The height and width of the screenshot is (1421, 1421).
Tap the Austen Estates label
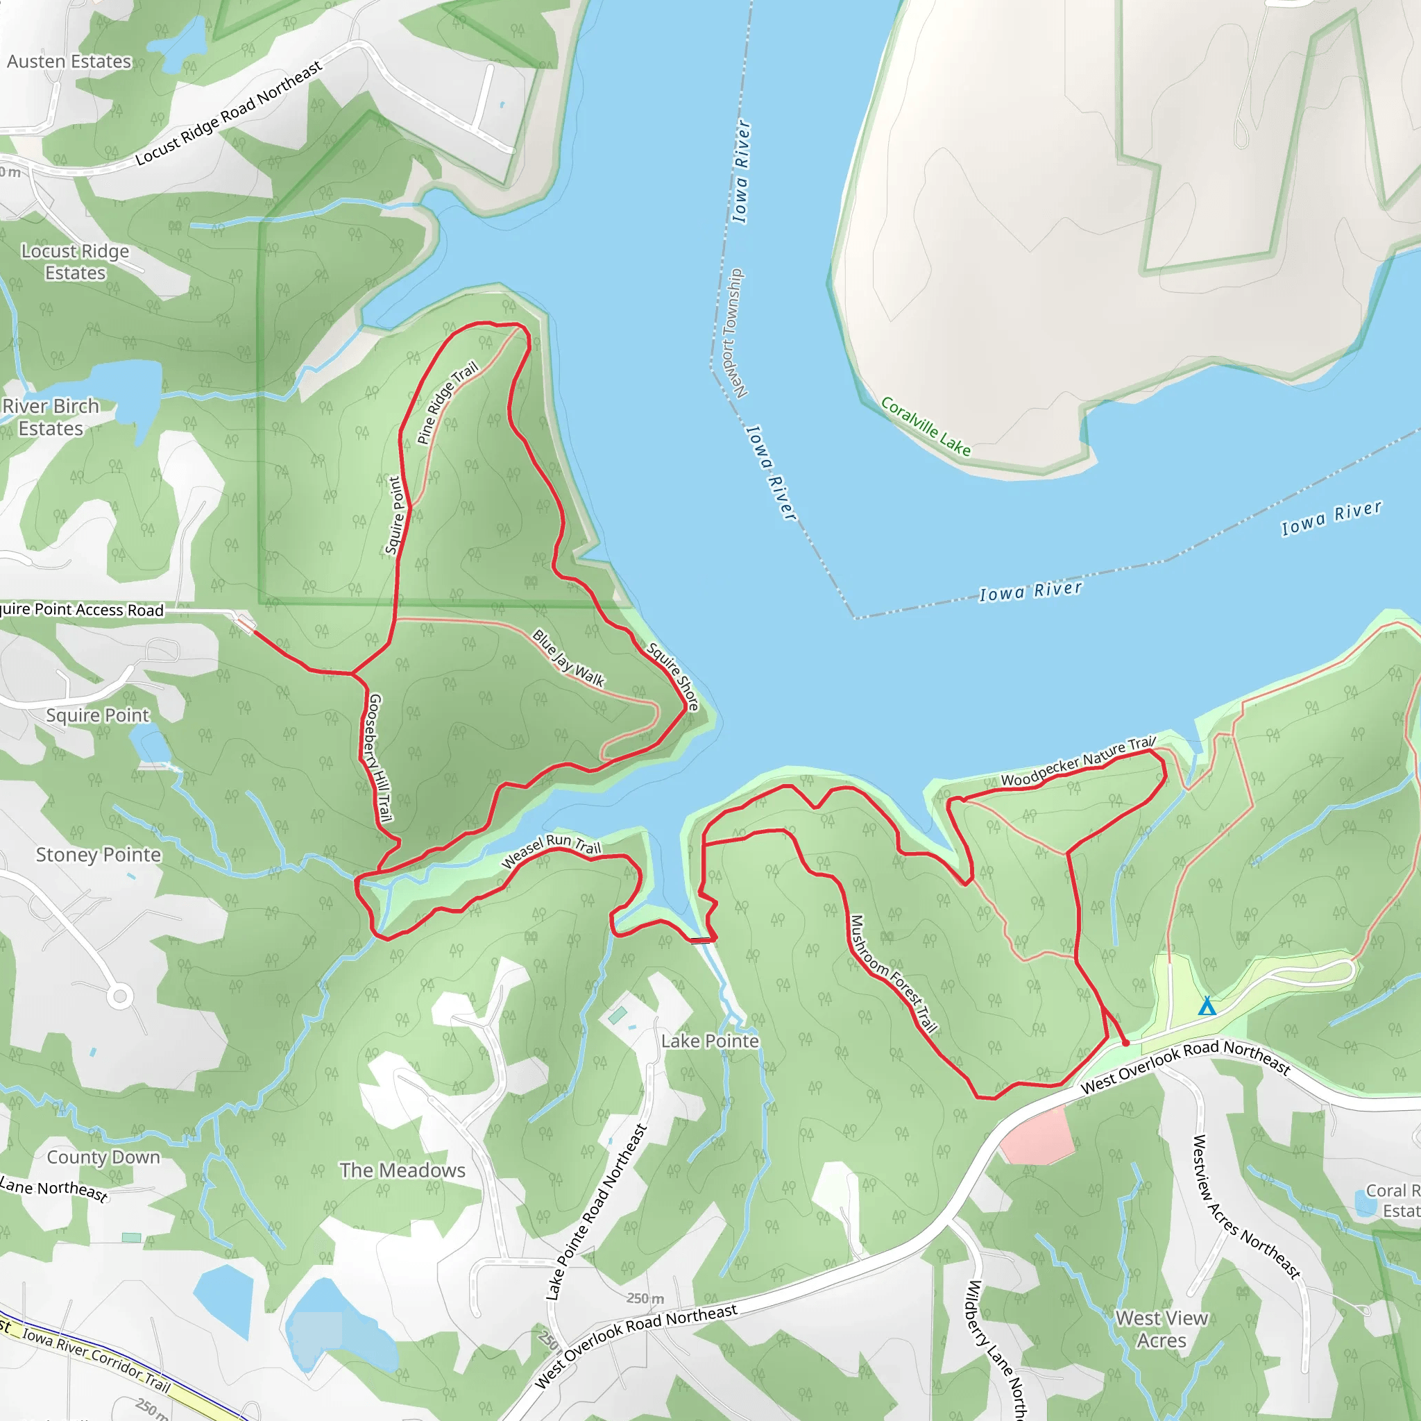click(69, 62)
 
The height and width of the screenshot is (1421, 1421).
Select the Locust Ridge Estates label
click(75, 262)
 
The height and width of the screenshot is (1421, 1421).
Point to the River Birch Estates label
click(51, 417)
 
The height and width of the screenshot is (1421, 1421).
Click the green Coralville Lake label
click(926, 427)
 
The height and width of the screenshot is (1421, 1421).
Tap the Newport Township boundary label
click(731, 333)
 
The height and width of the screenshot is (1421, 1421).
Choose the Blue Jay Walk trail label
click(568, 658)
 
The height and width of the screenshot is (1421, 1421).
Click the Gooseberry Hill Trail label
click(380, 757)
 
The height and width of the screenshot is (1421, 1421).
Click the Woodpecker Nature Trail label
click(1078, 761)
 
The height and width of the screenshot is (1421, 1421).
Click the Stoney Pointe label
click(98, 855)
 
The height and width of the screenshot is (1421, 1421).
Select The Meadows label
click(402, 1171)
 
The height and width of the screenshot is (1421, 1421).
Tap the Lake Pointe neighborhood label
click(710, 1041)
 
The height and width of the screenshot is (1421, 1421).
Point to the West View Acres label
click(1162, 1329)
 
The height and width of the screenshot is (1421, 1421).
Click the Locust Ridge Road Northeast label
click(229, 112)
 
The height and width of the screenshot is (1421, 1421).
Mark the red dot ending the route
click(1125, 1043)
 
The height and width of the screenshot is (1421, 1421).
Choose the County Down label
click(103, 1157)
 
